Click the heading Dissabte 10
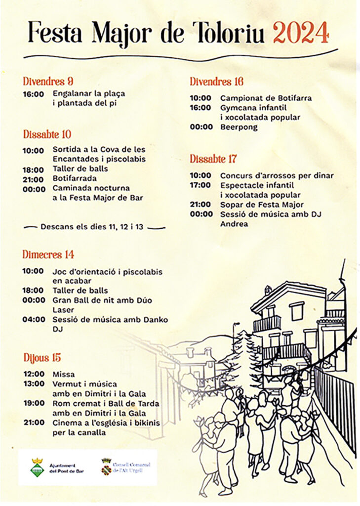47,134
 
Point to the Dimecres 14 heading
48,254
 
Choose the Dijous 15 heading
42,357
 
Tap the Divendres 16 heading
216,82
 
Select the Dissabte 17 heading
213,159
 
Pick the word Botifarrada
75,178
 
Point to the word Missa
64,374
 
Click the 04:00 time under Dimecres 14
33,320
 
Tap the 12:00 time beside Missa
33,374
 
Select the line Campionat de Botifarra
266,98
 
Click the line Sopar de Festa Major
262,205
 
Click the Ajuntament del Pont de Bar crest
37,467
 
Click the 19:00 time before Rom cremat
33,403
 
